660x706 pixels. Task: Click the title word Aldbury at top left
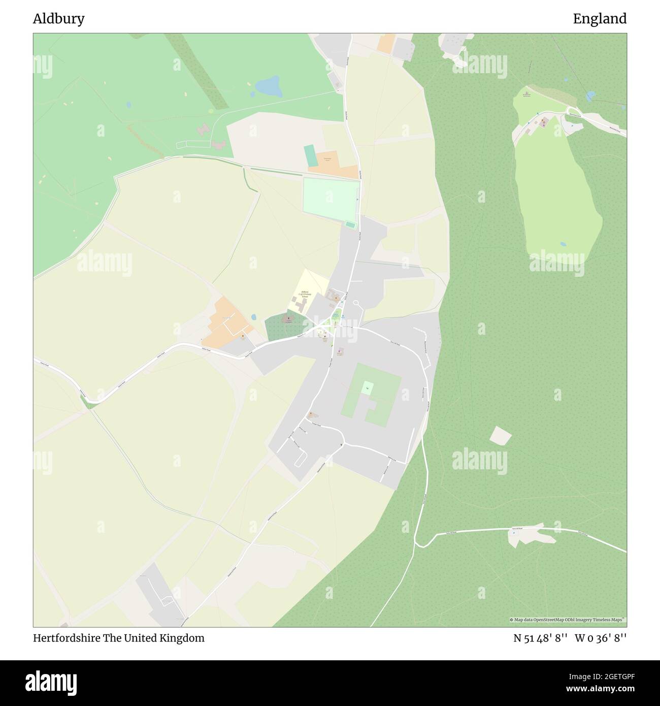pyautogui.click(x=58, y=19)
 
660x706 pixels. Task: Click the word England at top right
pyautogui.click(x=600, y=19)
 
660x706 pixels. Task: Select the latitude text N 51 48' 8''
pyautogui.click(x=540, y=638)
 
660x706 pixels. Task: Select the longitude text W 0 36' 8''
pyautogui.click(x=601, y=638)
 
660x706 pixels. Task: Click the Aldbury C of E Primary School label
pyautogui.click(x=305, y=294)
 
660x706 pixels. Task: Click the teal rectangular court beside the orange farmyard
pyautogui.click(x=309, y=154)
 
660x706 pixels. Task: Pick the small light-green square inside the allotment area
pyautogui.click(x=367, y=389)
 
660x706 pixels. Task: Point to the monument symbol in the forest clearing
pyautogui.click(x=527, y=93)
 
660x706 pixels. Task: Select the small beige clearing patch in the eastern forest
pyautogui.click(x=500, y=435)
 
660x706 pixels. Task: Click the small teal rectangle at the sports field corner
pyautogui.click(x=350, y=224)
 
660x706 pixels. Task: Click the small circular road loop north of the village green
pyautogui.click(x=356, y=303)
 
